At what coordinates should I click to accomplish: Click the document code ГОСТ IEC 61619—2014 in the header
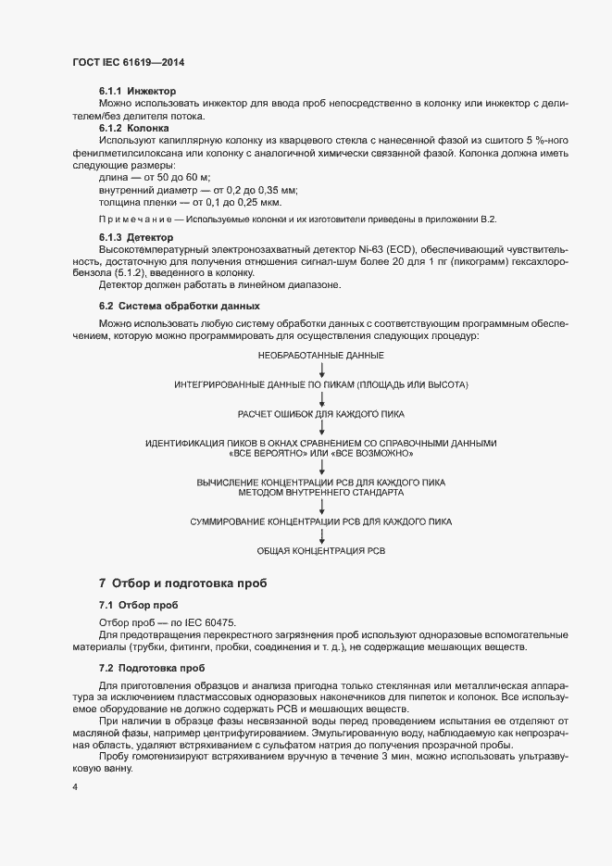[134, 62]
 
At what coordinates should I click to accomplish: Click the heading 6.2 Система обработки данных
[179, 306]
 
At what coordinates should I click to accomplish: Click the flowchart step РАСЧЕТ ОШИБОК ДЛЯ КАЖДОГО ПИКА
[321, 414]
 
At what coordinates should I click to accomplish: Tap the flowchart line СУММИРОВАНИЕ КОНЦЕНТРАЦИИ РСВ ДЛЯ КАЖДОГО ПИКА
[321, 522]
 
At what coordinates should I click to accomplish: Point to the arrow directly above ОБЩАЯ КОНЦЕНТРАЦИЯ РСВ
[321, 537]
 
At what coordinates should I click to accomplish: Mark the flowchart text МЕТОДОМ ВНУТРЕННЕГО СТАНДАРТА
[321, 493]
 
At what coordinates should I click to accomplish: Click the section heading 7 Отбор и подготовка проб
[183, 584]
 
